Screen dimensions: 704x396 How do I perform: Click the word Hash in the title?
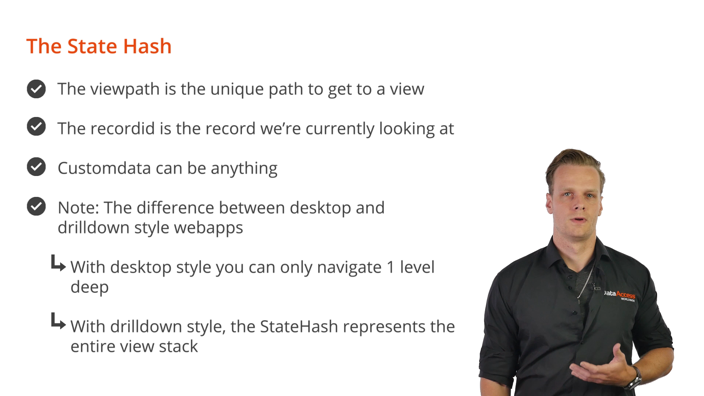pyautogui.click(x=147, y=46)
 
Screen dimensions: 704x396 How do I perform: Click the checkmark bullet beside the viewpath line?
pyautogui.click(x=36, y=89)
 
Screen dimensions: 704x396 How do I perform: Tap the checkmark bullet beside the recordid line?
pyautogui.click(x=36, y=126)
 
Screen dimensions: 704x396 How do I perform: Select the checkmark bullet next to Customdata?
pyautogui.click(x=36, y=167)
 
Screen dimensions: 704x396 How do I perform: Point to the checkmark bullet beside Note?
pyautogui.click(x=36, y=206)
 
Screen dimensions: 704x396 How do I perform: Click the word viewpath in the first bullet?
pyautogui.click(x=125, y=89)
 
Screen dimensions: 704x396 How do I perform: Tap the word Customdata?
pyautogui.click(x=104, y=168)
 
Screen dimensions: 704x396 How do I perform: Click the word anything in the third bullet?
pyautogui.click(x=244, y=169)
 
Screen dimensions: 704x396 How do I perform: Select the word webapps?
pyautogui.click(x=208, y=228)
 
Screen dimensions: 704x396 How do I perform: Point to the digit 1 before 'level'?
pyautogui.click(x=390, y=267)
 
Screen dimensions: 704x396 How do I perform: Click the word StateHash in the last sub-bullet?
pyautogui.click(x=299, y=327)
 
